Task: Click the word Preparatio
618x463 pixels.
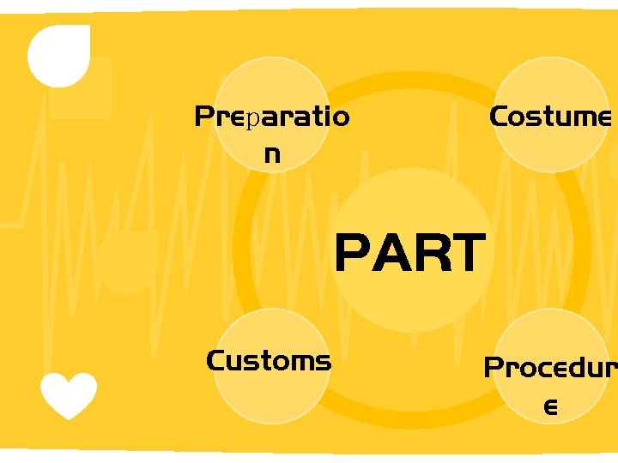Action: pos(272,117)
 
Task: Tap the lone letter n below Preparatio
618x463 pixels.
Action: pos(272,155)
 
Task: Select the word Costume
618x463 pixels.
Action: pos(549,117)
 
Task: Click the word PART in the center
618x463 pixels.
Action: pos(409,254)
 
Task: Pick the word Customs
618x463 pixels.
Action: pos(269,361)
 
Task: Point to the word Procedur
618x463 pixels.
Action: pos(550,368)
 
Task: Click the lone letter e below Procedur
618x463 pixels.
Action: pos(550,407)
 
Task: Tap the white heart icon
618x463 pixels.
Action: pos(69,394)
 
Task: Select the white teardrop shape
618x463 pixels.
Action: pos(58,55)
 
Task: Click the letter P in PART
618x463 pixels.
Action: pos(353,254)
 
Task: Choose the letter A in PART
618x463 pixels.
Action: pos(391,254)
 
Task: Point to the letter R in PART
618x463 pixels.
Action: pos(428,254)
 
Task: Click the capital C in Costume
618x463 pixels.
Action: pos(499,117)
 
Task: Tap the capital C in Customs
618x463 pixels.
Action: pos(216,361)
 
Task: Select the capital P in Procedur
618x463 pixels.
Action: pos(494,368)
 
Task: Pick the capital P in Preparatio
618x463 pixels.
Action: pos(204,117)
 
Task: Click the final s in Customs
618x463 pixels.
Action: pos(324,362)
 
